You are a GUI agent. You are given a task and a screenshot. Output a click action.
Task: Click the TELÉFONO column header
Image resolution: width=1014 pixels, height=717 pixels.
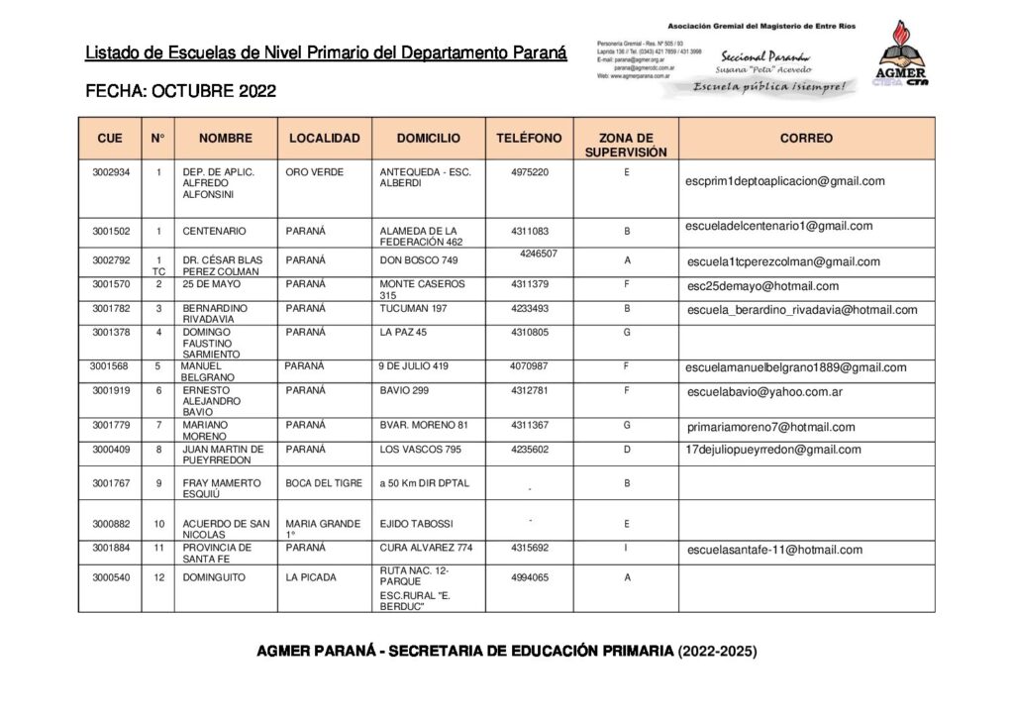(529, 139)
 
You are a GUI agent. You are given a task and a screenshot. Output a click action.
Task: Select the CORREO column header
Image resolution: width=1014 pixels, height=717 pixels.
(806, 139)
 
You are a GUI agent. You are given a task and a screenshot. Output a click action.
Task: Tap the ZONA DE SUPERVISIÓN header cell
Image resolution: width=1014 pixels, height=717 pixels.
(626, 146)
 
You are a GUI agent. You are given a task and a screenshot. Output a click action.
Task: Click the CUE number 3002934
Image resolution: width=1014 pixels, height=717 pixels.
(111, 172)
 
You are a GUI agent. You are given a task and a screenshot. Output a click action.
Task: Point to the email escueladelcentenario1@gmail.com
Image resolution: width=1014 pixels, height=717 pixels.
(778, 226)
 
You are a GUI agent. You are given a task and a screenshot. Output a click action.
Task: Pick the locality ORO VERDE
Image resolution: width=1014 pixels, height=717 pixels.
(314, 172)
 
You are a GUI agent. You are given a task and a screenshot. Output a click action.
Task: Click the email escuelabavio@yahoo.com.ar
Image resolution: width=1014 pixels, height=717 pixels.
(764, 392)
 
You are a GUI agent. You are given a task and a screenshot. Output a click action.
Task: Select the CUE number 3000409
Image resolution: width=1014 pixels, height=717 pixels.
(111, 450)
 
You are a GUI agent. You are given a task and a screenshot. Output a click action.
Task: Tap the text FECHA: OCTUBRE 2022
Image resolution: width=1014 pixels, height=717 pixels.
(181, 92)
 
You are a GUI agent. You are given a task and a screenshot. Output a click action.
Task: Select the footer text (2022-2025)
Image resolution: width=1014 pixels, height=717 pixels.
(717, 652)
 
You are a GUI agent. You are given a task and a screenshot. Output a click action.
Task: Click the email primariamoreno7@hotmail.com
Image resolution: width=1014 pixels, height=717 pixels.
(770, 427)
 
